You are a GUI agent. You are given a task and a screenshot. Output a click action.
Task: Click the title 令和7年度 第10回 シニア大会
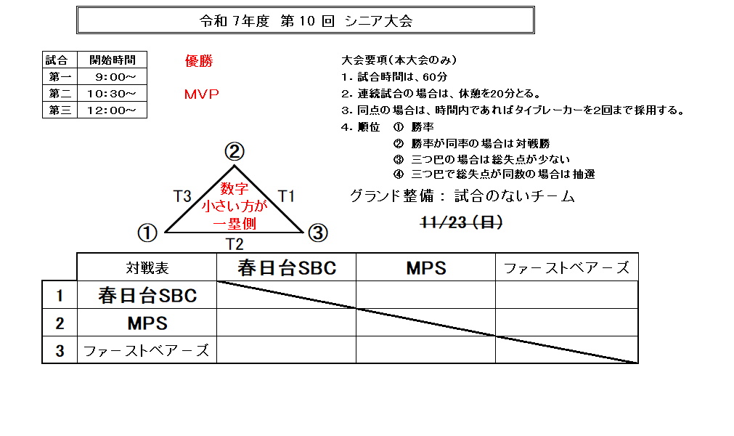coord(306,21)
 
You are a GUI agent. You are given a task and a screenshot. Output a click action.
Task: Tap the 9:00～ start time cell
coord(110,76)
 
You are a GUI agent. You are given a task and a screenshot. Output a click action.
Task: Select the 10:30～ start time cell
coord(110,94)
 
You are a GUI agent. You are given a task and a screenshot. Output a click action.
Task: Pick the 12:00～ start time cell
coord(110,110)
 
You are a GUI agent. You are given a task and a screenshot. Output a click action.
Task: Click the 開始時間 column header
coord(112,60)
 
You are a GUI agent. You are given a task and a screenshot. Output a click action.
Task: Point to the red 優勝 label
coord(199,62)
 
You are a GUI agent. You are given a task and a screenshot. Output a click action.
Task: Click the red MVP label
coord(201,95)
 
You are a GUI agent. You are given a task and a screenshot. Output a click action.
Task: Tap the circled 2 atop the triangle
coord(234,152)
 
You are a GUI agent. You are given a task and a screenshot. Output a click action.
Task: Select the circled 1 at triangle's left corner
coord(147,233)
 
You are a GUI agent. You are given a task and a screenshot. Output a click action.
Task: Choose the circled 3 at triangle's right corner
coord(318,233)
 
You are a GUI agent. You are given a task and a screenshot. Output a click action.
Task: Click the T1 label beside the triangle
coord(287,195)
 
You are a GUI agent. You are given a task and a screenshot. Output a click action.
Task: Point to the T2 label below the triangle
coord(234,243)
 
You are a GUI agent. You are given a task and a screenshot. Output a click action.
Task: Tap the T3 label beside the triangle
coord(182,195)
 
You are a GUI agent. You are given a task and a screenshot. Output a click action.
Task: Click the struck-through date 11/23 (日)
coord(462,223)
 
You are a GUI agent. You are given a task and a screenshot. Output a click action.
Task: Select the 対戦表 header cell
coord(147,268)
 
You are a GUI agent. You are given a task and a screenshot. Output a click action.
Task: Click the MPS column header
coord(426,268)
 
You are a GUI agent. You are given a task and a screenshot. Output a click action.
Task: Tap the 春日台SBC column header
coord(287,268)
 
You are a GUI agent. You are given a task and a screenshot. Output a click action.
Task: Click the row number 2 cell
coord(60,323)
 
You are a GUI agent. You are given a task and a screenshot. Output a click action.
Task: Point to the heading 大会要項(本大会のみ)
coord(399,60)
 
